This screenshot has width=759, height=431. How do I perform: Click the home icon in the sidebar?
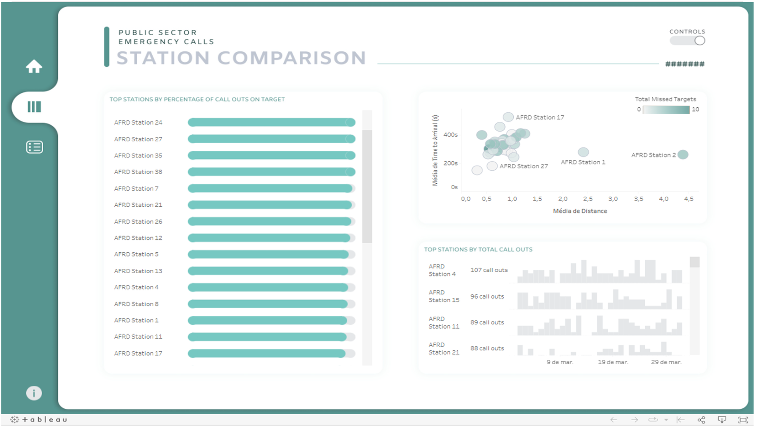pos(34,66)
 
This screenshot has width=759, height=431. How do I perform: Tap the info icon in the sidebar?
pos(34,393)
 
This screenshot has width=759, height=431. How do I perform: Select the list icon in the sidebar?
pos(34,147)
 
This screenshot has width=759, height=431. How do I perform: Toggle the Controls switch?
pos(687,41)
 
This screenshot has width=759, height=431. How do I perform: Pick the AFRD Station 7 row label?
pos(136,189)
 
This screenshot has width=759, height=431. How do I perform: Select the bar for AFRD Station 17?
pos(267,354)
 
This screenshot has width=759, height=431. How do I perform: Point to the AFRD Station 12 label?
pos(138,238)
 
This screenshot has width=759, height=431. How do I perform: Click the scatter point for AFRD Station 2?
pos(683,155)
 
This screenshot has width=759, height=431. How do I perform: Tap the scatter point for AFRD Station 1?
pos(583,152)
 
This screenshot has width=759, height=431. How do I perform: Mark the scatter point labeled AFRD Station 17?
pos(508,117)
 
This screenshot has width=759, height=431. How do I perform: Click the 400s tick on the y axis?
pos(450,135)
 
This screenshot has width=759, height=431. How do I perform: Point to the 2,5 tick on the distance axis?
pos(588,199)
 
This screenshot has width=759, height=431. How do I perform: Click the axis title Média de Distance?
pos(580,211)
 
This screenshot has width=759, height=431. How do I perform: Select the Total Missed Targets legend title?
pos(665,99)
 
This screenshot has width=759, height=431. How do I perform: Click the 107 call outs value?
pos(489,270)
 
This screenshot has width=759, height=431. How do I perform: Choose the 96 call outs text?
pos(487,297)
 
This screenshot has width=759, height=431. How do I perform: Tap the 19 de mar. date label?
pos(612,362)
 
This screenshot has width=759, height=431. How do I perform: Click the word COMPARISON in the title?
pos(292,58)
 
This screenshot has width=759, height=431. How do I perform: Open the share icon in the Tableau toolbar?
pos(701,420)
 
